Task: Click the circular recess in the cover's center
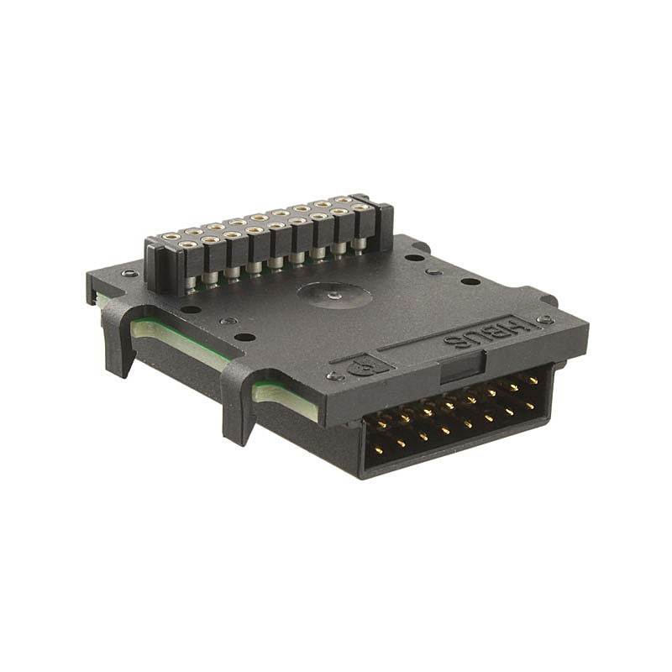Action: pos(333,295)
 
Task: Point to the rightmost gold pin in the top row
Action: pos(533,381)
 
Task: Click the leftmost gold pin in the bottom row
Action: pos(379,450)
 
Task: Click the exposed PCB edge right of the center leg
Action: pos(286,402)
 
